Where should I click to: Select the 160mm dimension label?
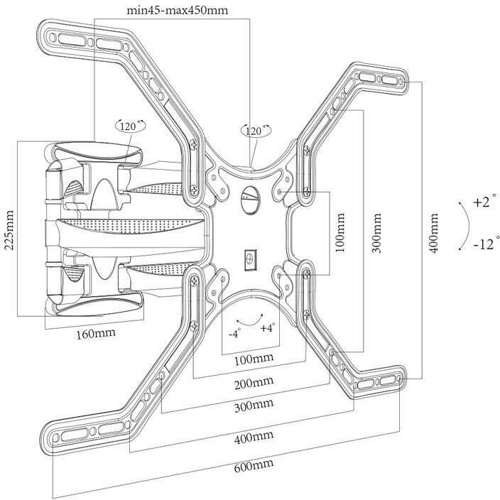pos(95,333)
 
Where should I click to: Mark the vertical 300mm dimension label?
pos(376,233)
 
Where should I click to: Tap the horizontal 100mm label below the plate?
pos(253,359)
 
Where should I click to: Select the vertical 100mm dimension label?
pos(340,233)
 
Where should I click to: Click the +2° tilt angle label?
pos(482,202)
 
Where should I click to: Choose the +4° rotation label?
pos(267,327)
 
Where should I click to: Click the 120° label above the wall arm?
pos(129,126)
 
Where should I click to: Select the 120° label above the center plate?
pos(256,131)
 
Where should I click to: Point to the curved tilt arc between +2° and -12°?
pos(467,224)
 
